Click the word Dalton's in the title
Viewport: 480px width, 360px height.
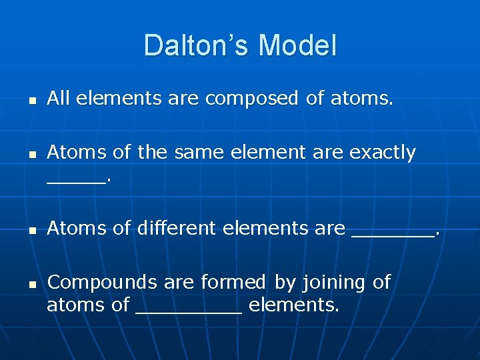coord(197,45)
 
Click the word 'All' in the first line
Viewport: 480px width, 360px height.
coord(59,99)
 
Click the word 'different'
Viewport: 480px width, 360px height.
coord(177,229)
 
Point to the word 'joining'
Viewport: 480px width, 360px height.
coord(333,283)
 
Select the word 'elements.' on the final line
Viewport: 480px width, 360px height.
coord(294,306)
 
